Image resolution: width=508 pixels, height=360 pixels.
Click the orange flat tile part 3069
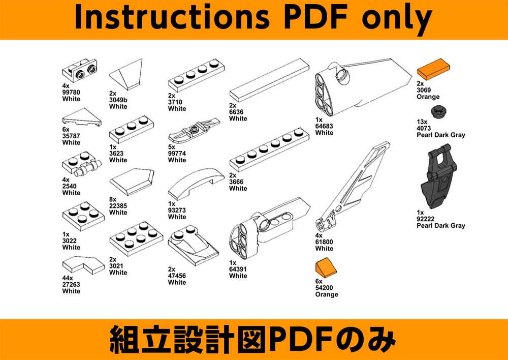click(x=433, y=69)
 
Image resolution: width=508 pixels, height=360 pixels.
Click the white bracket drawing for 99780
click(x=79, y=70)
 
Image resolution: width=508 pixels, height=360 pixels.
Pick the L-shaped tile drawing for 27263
click(x=83, y=264)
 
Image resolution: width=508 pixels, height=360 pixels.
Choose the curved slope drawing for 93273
click(x=196, y=183)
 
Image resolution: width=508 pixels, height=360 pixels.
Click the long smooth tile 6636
click(x=269, y=80)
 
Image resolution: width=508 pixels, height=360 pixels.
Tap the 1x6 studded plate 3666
click(x=269, y=150)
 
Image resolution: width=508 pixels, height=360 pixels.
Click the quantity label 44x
click(x=68, y=278)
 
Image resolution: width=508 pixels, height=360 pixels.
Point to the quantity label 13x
click(x=422, y=122)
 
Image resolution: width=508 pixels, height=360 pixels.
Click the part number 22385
click(x=118, y=206)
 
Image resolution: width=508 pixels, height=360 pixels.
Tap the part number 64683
click(x=324, y=126)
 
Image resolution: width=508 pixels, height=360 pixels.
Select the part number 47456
click(x=177, y=276)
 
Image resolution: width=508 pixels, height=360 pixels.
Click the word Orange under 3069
click(x=428, y=97)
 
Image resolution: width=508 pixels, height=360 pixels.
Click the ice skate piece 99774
click(x=194, y=131)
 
